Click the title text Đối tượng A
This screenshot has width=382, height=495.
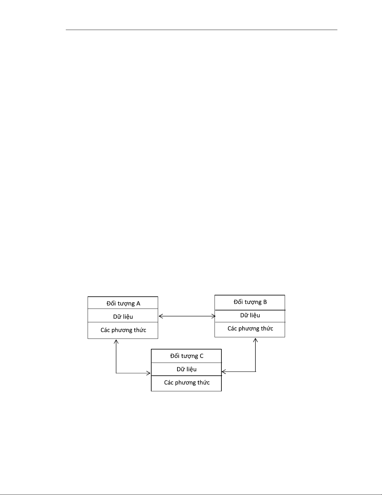click(123, 303)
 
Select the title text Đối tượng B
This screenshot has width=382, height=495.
click(250, 302)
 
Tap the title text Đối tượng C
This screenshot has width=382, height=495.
click(187, 356)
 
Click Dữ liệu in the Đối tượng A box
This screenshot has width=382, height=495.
click(123, 317)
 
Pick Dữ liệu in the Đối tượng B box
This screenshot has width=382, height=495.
click(250, 315)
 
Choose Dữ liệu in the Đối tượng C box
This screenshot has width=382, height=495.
click(186, 369)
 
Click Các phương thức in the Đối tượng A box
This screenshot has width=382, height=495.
click(123, 330)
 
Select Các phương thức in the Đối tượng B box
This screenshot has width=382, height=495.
click(250, 329)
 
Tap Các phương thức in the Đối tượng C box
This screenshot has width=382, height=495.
click(187, 383)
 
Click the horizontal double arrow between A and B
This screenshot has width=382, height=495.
click(187, 316)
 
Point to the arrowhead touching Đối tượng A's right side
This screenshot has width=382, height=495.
click(160, 316)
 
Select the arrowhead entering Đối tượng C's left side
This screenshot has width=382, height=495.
click(149, 373)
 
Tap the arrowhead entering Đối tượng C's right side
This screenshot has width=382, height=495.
click(224, 372)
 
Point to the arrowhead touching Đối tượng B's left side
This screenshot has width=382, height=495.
click(214, 316)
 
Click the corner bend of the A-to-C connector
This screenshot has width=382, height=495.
click(116, 373)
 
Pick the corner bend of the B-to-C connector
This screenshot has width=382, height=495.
click(255, 372)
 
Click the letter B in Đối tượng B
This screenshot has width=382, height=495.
click(265, 302)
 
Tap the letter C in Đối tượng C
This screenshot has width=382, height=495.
click(201, 356)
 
